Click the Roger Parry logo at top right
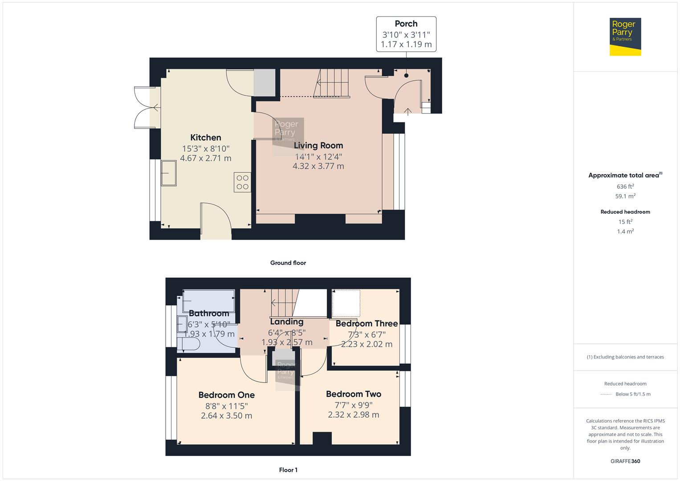point(625,37)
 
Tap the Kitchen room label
point(206,138)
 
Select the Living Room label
point(318,145)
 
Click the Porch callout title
point(406,24)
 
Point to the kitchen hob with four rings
point(243,182)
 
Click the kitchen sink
point(169,172)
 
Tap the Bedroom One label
point(226,395)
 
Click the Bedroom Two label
point(354,394)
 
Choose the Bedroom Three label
point(366,323)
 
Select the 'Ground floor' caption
point(288,263)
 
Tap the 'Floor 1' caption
point(288,470)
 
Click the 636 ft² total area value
point(625,187)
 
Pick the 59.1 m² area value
point(625,196)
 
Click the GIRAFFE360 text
point(625,461)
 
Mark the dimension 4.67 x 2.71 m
point(206,158)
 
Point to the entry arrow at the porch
point(408,111)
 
